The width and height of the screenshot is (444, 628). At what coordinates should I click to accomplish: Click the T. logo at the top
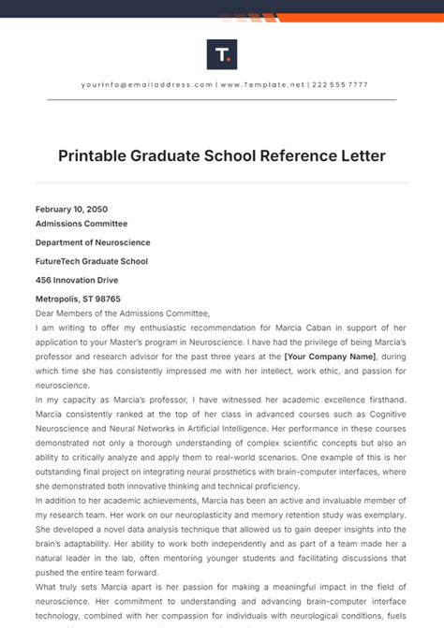(x=222, y=53)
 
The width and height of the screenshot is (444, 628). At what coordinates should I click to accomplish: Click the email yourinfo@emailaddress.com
(x=147, y=84)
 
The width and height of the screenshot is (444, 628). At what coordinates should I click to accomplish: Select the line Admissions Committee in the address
(x=81, y=224)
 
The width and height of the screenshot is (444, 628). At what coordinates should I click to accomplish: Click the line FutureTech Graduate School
(x=92, y=261)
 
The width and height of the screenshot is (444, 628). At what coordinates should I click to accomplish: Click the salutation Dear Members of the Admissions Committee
(x=124, y=313)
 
